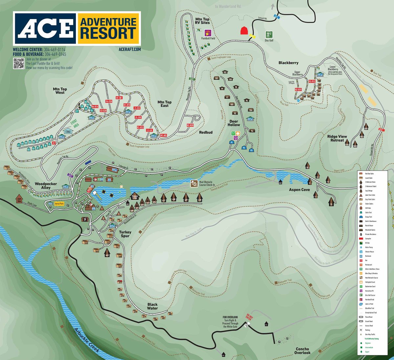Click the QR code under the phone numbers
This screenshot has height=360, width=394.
coord(19,63)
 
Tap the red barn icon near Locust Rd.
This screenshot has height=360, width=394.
coord(244,31)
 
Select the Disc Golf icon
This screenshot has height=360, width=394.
coord(269,34)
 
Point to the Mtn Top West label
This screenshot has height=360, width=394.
coord(60,91)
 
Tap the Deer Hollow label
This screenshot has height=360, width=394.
coord(234,123)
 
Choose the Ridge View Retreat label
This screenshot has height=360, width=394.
coord(337,138)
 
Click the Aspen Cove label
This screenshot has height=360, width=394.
coord(299,190)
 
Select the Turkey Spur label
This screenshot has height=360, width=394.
coord(125,234)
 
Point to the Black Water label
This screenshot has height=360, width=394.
coord(152,307)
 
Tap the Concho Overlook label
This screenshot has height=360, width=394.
coord(302,351)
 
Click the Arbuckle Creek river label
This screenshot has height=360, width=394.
coord(86,340)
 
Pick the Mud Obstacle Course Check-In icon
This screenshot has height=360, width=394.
coord(194,183)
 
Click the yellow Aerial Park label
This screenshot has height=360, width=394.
coord(59,204)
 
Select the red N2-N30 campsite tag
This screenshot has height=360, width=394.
coord(190,125)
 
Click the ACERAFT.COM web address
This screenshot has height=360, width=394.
coord(130,49)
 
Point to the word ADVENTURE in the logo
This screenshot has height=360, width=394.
coord(108,22)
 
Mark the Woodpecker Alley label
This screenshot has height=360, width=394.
coord(46,186)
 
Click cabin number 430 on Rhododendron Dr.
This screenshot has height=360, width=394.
coord(199,198)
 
